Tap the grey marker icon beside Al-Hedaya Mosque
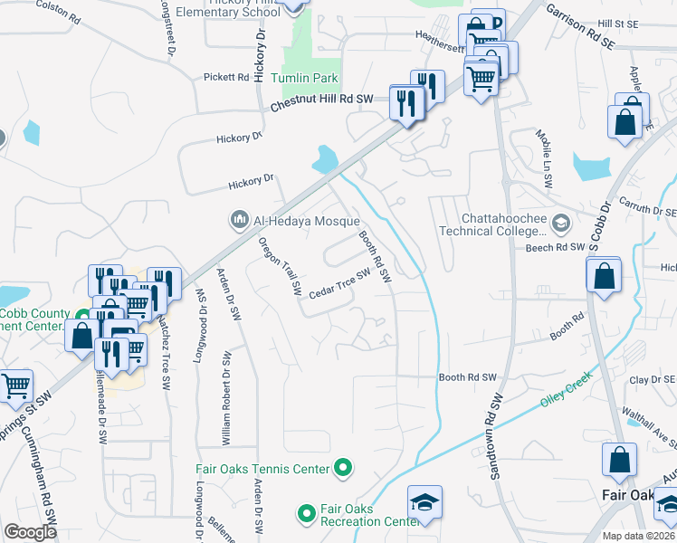[x=240, y=220]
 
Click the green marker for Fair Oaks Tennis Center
[x=343, y=468]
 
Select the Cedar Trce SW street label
[x=340, y=284]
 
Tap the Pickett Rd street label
[x=225, y=77]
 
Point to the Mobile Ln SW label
[x=546, y=157]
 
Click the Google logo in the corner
[x=31, y=532]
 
